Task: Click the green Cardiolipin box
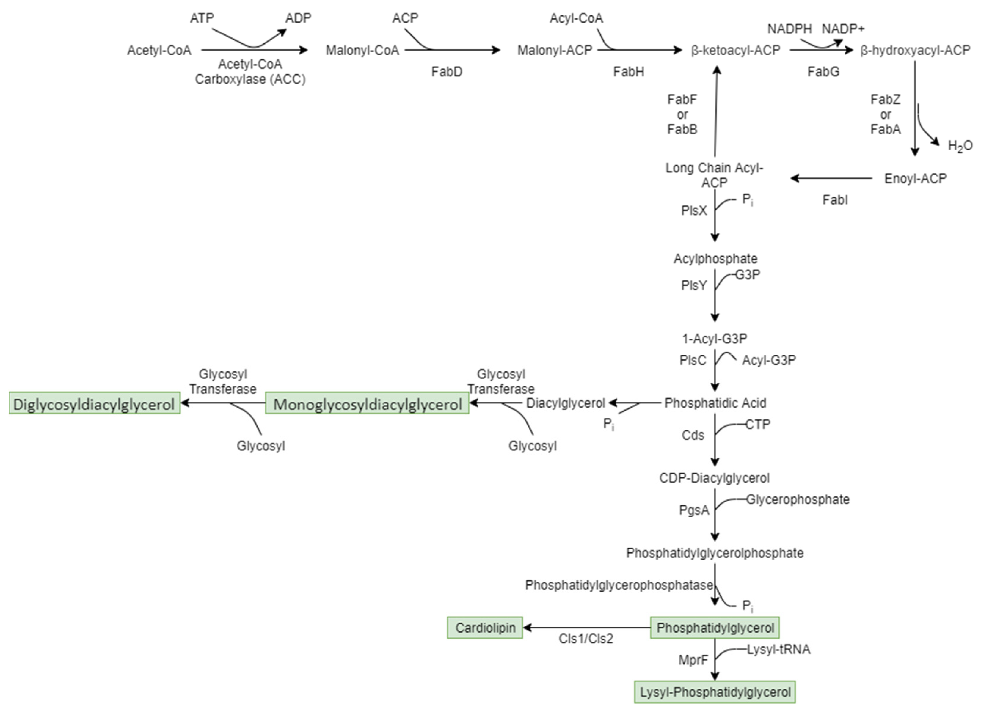point(485,628)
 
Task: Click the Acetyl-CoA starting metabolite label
point(159,51)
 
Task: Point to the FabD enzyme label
point(446,71)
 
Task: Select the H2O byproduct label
point(960,146)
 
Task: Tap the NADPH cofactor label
point(789,29)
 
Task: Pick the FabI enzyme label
point(835,200)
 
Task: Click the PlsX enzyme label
point(693,211)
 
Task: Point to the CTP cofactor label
point(758,425)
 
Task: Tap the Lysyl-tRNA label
point(778,649)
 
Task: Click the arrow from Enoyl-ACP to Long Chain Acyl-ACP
point(831,178)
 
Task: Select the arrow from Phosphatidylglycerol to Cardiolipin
point(587,628)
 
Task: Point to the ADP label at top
point(298,18)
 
